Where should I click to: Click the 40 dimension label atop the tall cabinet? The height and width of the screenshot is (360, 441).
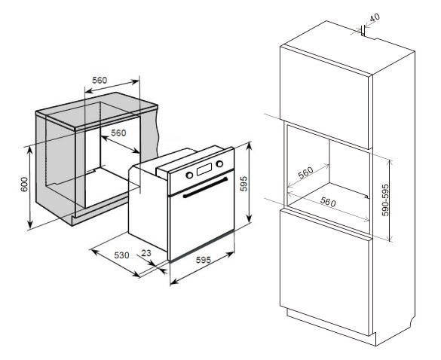(375, 17)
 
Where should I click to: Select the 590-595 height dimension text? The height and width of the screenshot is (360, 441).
(386, 200)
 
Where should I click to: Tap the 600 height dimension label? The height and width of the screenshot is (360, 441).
(24, 185)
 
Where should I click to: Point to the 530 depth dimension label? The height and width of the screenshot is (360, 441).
(121, 255)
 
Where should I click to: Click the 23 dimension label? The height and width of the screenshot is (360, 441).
(146, 253)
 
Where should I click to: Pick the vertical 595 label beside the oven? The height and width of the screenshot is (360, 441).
(243, 184)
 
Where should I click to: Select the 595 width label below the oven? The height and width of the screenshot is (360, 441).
(203, 260)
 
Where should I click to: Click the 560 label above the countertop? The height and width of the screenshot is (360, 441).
(100, 81)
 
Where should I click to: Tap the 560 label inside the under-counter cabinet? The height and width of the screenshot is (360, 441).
(118, 133)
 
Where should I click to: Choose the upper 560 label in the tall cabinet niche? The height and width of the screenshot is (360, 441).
(306, 172)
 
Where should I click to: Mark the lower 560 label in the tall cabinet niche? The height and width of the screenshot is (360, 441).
(328, 202)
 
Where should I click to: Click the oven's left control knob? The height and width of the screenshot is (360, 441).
(189, 175)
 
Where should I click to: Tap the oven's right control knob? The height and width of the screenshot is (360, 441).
(219, 163)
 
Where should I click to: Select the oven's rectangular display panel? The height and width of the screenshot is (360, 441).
(204, 169)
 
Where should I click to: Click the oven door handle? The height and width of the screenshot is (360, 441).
(205, 188)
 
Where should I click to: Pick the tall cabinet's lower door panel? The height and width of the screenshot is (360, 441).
(324, 273)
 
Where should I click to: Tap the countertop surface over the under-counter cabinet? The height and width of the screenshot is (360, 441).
(96, 110)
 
